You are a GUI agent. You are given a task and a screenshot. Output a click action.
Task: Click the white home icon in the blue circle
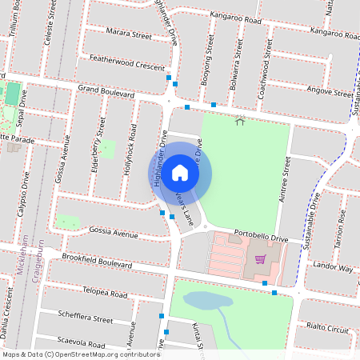coord(180,172)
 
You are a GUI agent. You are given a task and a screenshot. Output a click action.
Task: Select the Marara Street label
coord(129,35)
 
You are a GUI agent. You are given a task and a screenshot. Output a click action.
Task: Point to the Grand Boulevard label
coord(106,93)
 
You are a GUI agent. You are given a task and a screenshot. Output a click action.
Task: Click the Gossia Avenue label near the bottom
coord(114,233)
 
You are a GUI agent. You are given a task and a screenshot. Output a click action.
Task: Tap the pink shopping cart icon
coord(260,258)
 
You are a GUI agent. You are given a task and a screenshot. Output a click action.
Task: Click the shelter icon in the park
coord(241,122)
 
